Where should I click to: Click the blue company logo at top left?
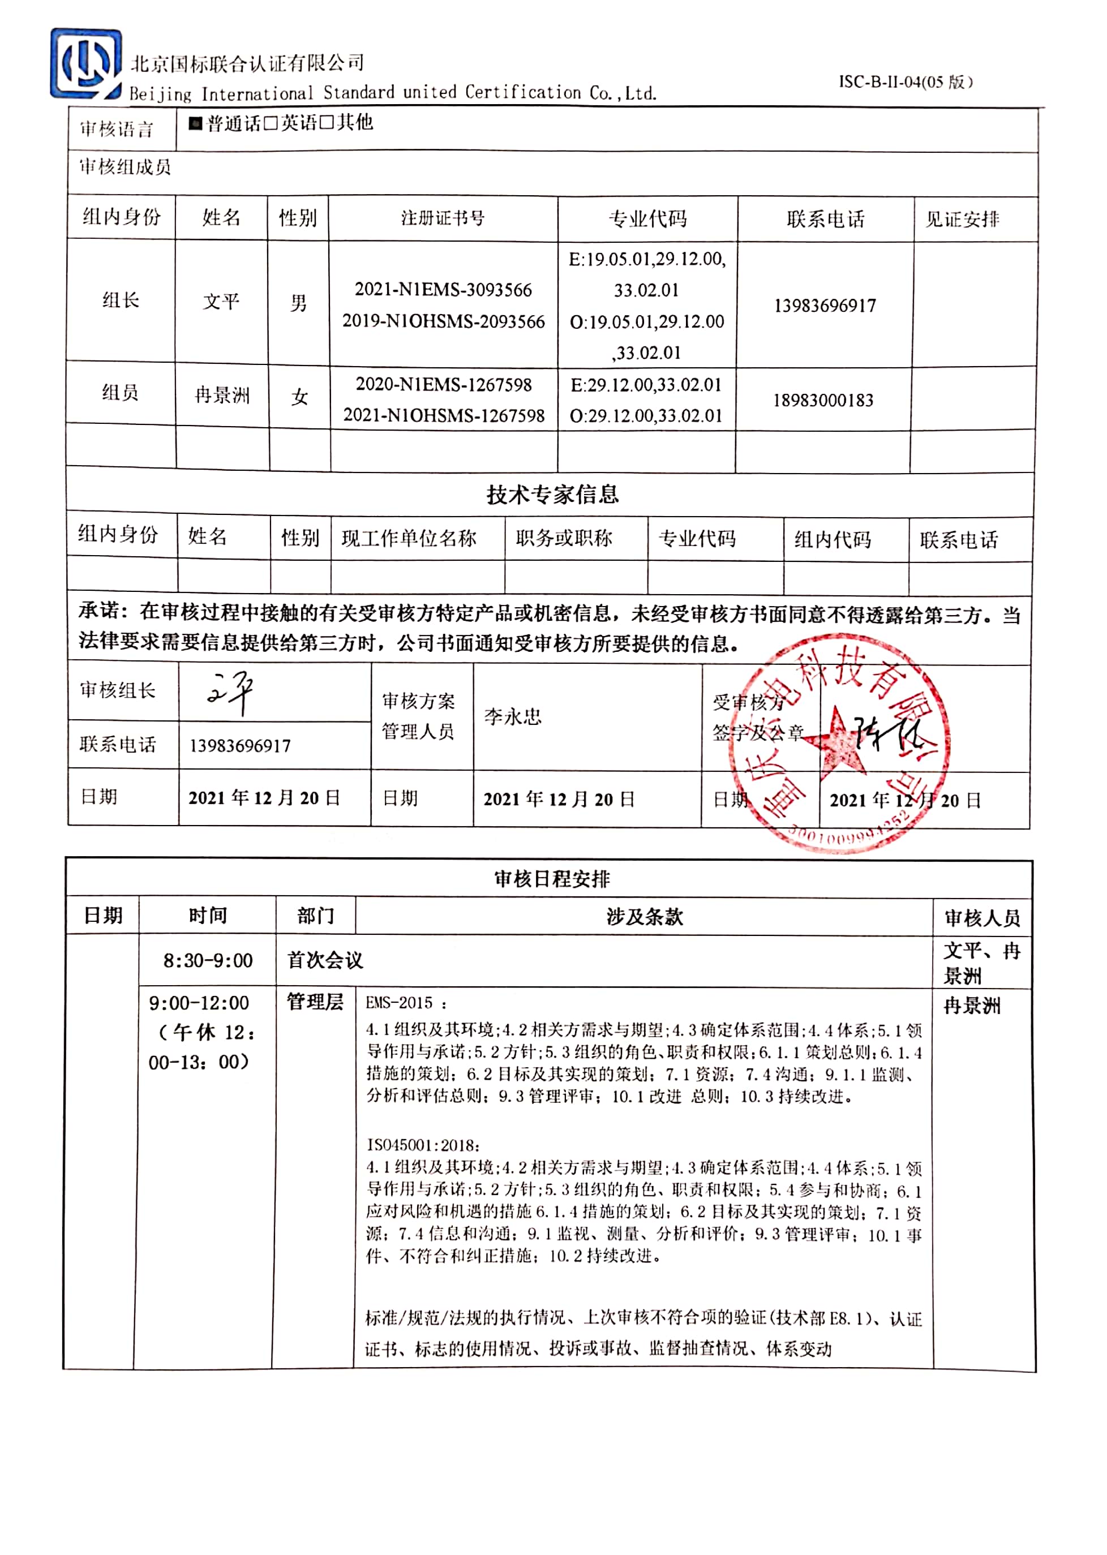coord(85,63)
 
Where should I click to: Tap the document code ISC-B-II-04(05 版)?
coord(905,83)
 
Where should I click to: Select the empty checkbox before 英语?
coord(271,123)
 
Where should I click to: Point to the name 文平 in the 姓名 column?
coord(221,301)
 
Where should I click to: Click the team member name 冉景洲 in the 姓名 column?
coord(222,395)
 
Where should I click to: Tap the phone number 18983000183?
coord(823,400)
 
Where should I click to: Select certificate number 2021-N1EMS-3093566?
coord(443,290)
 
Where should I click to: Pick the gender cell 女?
coord(299,397)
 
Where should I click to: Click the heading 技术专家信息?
coord(552,495)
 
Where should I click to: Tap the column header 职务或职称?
coord(564,538)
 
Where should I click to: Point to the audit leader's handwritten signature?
coord(230,691)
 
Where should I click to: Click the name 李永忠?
coord(513,716)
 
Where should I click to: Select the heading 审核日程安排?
coord(552,879)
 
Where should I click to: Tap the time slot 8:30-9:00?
coord(208,961)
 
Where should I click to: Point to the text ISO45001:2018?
coord(423,1145)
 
